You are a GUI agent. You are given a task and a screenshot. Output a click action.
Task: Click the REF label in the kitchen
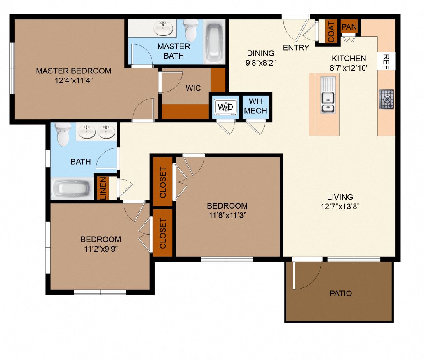pyautogui.click(x=386, y=61)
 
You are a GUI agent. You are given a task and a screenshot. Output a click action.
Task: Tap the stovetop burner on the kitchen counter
pyautogui.click(x=386, y=99)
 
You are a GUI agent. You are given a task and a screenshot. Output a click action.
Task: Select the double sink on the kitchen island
pyautogui.click(x=328, y=102)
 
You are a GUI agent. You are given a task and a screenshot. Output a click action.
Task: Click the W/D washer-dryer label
pyautogui.click(x=225, y=107)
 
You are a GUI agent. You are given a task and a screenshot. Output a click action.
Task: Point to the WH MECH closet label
pyautogui.click(x=255, y=106)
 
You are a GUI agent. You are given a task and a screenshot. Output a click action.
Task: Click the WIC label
pyautogui.click(x=193, y=88)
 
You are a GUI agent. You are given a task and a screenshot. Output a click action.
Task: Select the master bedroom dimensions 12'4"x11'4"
pyautogui.click(x=73, y=81)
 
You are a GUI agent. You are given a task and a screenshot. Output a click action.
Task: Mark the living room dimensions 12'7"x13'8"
pyautogui.click(x=340, y=207)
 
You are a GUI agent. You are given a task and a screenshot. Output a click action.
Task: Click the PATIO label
pyautogui.click(x=341, y=294)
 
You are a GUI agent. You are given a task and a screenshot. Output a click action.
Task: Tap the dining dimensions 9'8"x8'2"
pyautogui.click(x=261, y=63)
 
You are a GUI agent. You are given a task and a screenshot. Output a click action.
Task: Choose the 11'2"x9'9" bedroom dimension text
pyautogui.click(x=101, y=249)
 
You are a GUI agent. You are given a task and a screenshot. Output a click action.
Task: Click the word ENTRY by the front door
pyautogui.click(x=296, y=48)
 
